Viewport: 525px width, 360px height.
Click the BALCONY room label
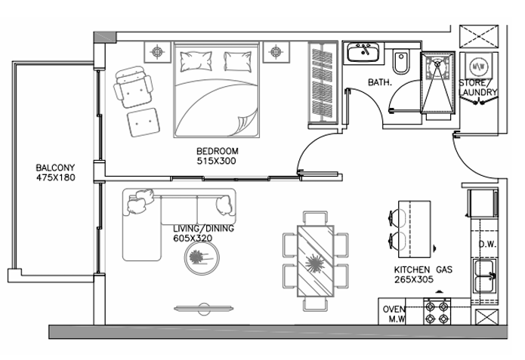[55, 168]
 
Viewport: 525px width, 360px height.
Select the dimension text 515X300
[216, 161]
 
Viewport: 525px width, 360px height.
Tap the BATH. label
[380, 82]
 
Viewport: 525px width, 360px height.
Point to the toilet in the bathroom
[401, 63]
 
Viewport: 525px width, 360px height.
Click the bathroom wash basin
[363, 52]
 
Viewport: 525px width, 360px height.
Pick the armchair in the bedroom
[133, 87]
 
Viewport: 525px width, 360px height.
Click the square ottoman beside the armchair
[144, 122]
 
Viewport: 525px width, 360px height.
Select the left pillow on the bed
[196, 61]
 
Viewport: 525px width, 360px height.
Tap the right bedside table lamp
[276, 52]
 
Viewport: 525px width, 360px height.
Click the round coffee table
[202, 258]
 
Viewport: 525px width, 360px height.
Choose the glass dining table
[316, 261]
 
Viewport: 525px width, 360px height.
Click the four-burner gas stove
[437, 312]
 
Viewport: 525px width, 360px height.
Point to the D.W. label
[487, 245]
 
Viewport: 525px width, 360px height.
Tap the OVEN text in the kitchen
[394, 309]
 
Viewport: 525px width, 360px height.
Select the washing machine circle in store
[476, 66]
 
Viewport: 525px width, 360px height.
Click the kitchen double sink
[484, 276]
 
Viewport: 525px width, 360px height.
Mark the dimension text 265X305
[414, 279]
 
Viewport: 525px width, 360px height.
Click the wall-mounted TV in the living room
[203, 309]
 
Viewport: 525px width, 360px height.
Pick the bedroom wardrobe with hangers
[323, 85]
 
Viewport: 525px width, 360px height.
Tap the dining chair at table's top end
[315, 218]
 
